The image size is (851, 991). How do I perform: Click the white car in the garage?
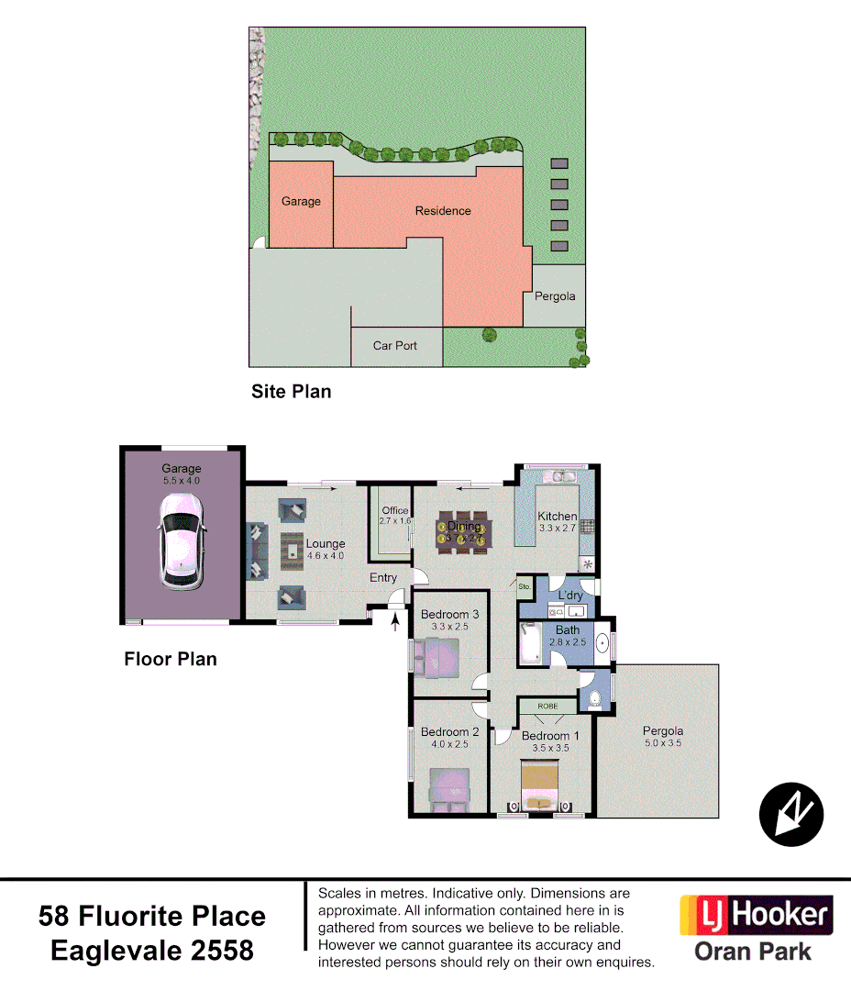coord(181,541)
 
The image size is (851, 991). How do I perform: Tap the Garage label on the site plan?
coord(301,201)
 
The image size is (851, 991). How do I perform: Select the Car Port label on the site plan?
coord(395,346)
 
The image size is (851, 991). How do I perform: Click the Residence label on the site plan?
coord(443,211)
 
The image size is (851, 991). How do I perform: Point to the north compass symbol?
coord(791,814)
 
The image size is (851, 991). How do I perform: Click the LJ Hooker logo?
coord(756,916)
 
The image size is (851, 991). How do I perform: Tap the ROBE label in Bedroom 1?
coord(547,707)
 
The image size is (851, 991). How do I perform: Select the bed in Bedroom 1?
coord(540,787)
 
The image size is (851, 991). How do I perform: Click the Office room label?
coord(395,511)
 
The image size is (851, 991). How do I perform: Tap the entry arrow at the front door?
coord(395,624)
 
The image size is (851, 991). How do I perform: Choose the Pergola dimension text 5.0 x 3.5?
coord(662,744)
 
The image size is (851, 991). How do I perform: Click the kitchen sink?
coord(558,476)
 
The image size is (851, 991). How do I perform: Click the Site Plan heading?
coord(291,392)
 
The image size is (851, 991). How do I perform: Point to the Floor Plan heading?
coord(171,659)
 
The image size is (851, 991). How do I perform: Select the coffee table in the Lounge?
coord(293,550)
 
